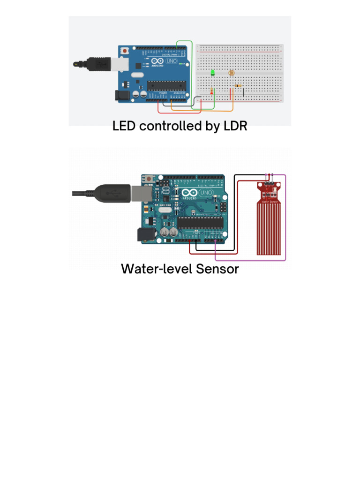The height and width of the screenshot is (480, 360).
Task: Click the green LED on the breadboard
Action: [x=212, y=73]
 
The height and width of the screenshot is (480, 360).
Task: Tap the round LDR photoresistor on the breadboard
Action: [x=231, y=74]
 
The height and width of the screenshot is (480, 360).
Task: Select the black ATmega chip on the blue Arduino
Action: [x=164, y=85]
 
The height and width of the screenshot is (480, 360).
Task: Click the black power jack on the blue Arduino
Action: [x=121, y=96]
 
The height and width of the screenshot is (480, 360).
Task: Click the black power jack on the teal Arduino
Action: [x=143, y=235]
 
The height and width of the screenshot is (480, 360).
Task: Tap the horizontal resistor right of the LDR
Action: [x=239, y=86]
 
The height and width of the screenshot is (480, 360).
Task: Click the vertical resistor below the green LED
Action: [x=212, y=91]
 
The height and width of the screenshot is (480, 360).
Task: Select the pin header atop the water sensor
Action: [x=270, y=177]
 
